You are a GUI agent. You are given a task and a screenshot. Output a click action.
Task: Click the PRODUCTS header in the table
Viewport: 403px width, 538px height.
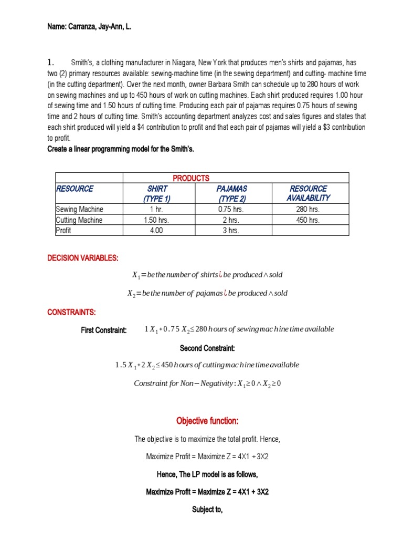pyautogui.click(x=191, y=178)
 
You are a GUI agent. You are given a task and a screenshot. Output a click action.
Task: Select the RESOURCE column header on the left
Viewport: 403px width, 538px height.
pyautogui.click(x=75, y=189)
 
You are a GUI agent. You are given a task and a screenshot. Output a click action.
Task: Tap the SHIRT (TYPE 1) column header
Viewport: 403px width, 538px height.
pyautogui.click(x=157, y=193)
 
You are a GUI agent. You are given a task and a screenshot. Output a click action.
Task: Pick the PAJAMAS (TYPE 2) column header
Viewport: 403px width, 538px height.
pyautogui.click(x=231, y=193)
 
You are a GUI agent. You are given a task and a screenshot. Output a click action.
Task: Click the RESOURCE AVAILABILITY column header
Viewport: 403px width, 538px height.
pyautogui.click(x=308, y=193)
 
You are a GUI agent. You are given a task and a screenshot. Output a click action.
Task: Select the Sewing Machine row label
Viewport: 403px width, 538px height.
pyautogui.click(x=80, y=210)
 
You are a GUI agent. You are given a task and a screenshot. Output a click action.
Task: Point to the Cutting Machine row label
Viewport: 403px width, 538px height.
pyautogui.click(x=79, y=220)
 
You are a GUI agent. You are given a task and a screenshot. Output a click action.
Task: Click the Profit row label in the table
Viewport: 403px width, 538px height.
pyautogui.click(x=64, y=230)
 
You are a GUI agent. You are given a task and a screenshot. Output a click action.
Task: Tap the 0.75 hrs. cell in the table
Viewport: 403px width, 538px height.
pyautogui.click(x=231, y=210)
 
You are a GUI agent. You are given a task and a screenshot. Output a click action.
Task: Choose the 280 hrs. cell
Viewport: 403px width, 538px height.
pyautogui.click(x=308, y=210)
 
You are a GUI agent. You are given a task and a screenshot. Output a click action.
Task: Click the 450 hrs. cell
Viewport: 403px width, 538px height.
pyautogui.click(x=308, y=220)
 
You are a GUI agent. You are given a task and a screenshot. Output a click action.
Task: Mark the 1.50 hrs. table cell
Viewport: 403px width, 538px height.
pyautogui.click(x=156, y=220)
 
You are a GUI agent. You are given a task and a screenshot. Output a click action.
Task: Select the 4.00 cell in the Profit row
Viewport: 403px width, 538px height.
pyautogui.click(x=156, y=230)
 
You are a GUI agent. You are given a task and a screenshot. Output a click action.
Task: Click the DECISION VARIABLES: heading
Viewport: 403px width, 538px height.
pyautogui.click(x=83, y=258)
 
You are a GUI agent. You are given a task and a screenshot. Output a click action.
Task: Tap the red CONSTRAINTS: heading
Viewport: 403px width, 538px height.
pyautogui.click(x=72, y=313)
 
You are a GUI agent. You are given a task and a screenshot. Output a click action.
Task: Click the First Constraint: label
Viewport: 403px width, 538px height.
pyautogui.click(x=103, y=330)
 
